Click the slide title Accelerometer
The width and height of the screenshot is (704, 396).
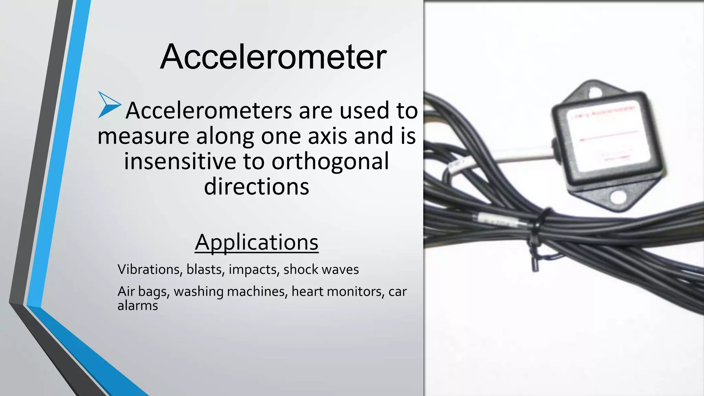pos(273,57)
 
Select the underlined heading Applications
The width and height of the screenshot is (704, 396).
pos(256,242)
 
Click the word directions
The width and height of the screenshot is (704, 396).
pos(256,187)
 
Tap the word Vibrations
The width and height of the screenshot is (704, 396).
pos(149,269)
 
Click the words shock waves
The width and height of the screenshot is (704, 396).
pos(321,269)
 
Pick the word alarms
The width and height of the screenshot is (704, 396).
pos(137,306)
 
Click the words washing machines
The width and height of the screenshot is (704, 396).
pos(230,291)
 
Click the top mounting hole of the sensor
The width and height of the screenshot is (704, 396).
pos(593,92)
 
